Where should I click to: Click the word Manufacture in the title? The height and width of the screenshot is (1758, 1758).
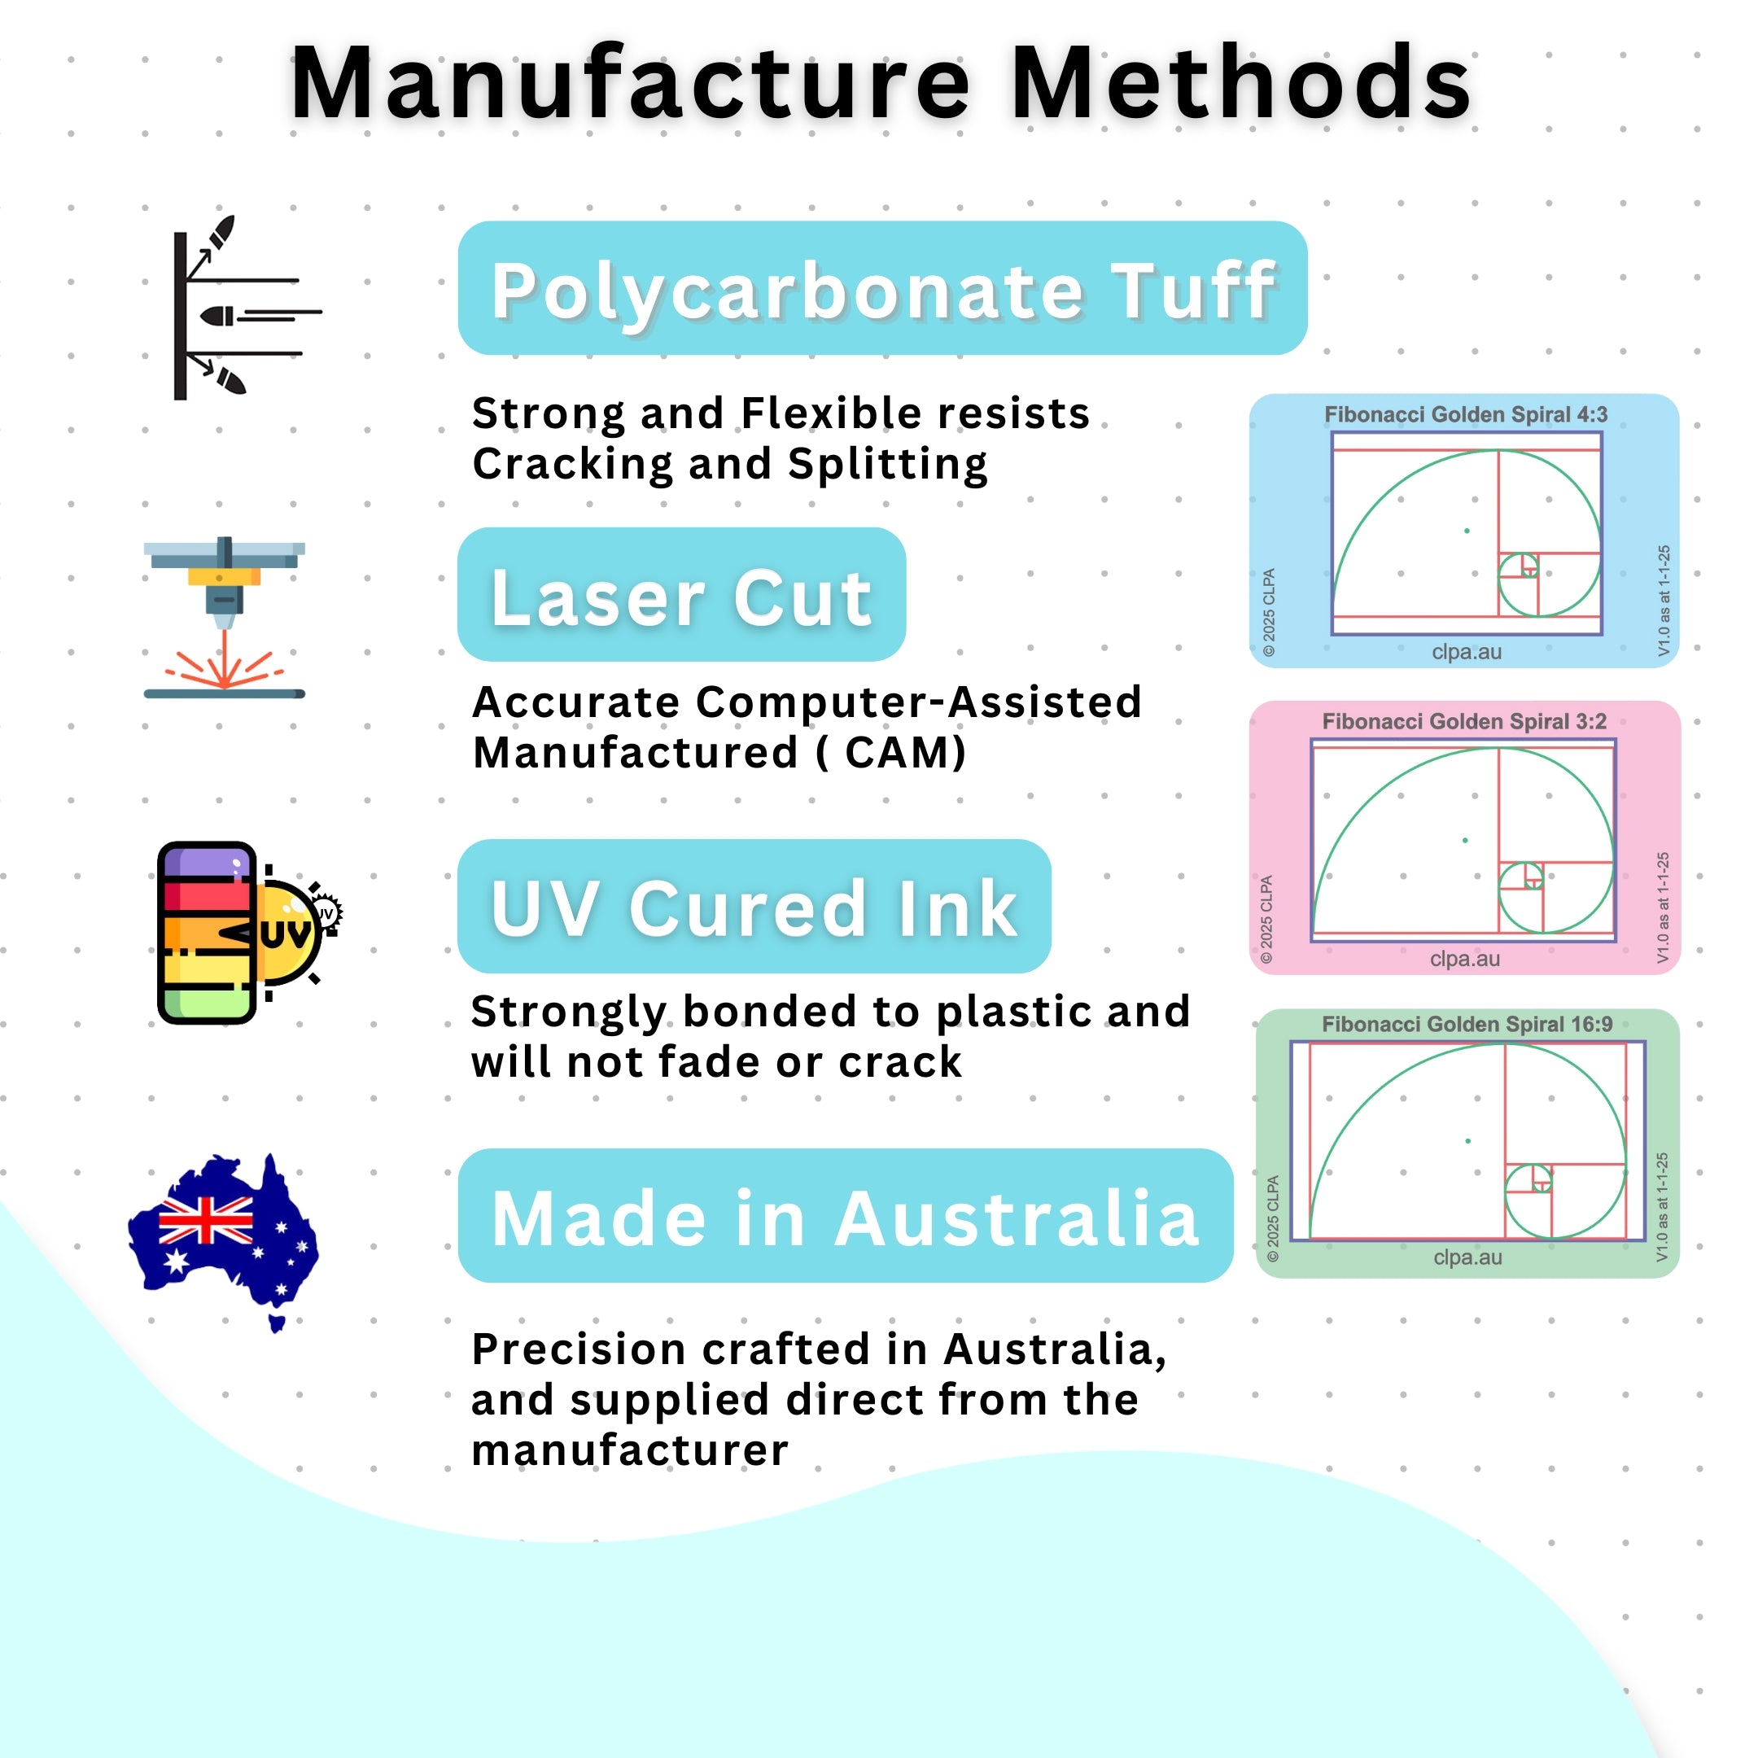tap(631, 84)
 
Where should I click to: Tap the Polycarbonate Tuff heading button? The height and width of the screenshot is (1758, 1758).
tap(881, 287)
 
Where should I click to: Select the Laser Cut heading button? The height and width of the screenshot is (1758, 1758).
tap(681, 594)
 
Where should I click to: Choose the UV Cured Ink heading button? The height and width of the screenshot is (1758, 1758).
tap(754, 907)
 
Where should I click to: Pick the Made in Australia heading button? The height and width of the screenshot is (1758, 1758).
tap(846, 1216)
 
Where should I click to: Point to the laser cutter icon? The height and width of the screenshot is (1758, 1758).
tap(224, 618)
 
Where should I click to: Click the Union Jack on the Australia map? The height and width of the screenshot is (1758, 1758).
tap(206, 1220)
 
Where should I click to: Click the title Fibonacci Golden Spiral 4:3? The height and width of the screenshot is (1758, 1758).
tap(1465, 414)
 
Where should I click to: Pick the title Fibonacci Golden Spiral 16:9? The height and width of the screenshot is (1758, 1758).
tap(1467, 1024)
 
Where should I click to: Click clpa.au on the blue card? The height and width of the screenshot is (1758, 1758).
tap(1467, 651)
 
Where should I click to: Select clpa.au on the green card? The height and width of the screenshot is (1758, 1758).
tap(1467, 1257)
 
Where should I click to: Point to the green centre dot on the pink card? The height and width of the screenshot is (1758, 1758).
tap(1465, 840)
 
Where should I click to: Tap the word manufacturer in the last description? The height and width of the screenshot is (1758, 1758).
tap(630, 1450)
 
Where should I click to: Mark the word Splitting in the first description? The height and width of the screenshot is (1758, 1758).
tap(887, 464)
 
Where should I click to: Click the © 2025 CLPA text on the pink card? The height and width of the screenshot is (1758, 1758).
tap(1266, 919)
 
